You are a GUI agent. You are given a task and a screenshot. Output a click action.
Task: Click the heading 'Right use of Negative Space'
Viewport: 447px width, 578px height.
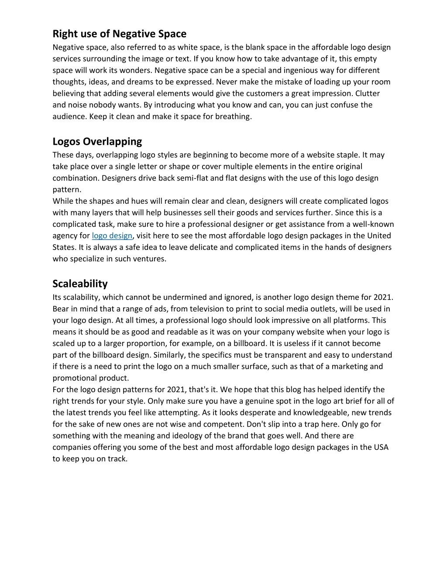click(x=119, y=34)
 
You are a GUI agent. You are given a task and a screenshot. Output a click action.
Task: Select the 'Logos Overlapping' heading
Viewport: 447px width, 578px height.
click(x=97, y=141)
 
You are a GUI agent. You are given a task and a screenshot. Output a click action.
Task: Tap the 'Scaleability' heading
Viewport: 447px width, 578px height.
click(x=80, y=284)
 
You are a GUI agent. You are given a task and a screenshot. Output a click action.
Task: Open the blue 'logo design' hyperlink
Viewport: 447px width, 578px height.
click(x=112, y=236)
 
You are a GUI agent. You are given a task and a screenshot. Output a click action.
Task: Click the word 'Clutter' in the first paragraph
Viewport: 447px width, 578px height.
click(x=368, y=93)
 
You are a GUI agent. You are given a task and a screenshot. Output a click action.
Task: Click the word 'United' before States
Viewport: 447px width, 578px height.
click(x=379, y=236)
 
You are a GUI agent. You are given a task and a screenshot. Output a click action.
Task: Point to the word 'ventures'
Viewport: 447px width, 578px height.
click(x=151, y=259)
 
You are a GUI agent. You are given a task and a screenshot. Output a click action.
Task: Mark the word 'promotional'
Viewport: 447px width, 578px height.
click(x=74, y=378)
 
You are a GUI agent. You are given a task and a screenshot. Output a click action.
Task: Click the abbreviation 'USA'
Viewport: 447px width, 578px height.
click(x=381, y=447)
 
